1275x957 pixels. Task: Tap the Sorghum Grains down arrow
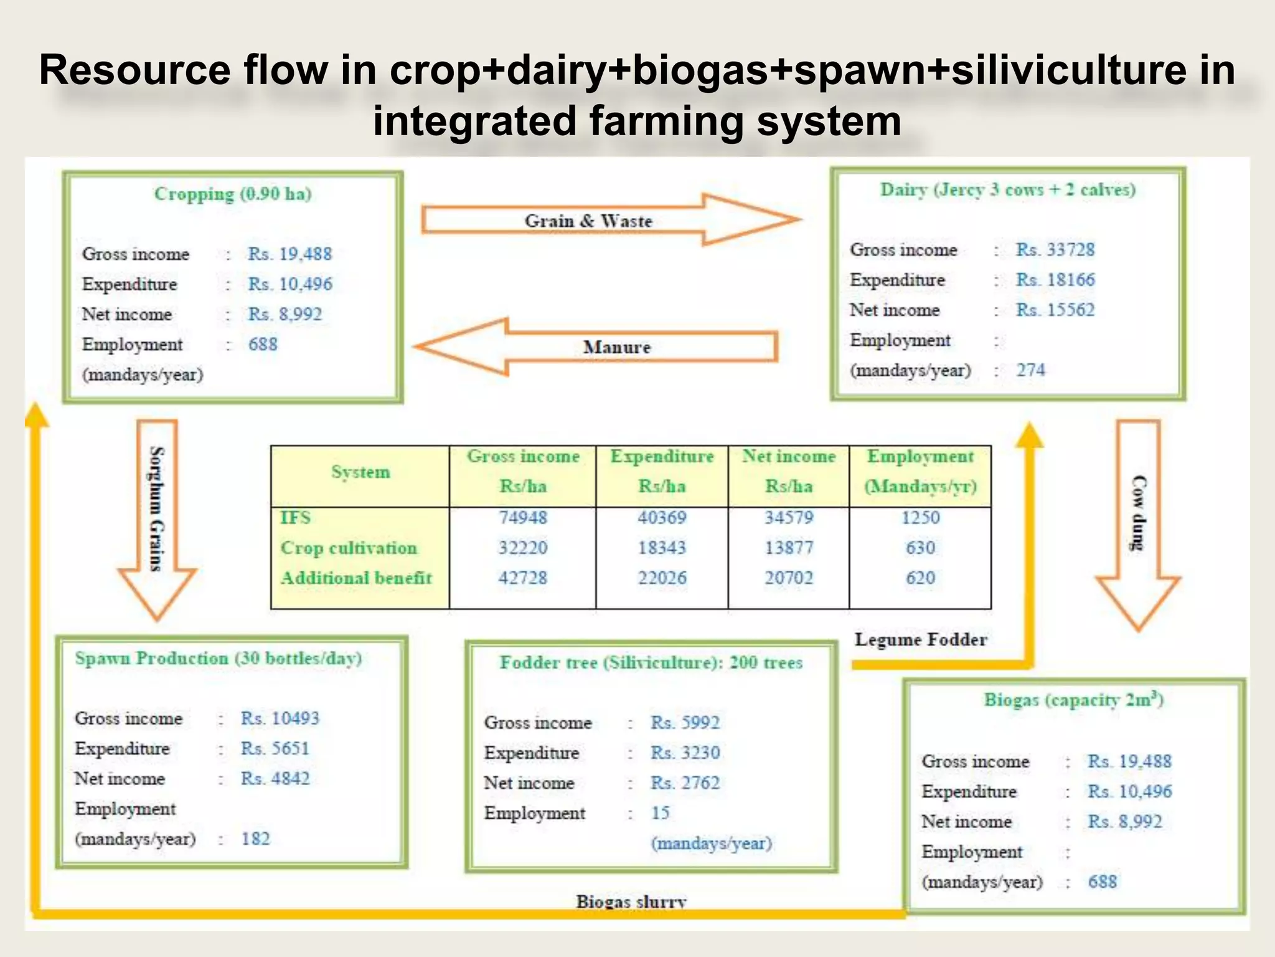[x=157, y=511]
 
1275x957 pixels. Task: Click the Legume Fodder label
[x=921, y=640]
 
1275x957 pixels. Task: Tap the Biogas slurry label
[x=631, y=901]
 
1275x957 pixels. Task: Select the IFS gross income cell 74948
[x=522, y=518]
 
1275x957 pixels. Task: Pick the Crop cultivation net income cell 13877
[x=789, y=548]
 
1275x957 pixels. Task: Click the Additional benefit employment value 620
[x=920, y=578]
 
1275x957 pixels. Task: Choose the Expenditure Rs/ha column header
[x=662, y=471]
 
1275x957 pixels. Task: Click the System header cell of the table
[x=360, y=472]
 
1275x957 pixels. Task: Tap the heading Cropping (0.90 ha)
[x=233, y=194]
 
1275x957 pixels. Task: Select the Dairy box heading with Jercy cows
[x=1007, y=189]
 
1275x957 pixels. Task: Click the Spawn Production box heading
[x=218, y=659]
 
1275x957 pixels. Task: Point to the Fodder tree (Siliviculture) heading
[x=651, y=663]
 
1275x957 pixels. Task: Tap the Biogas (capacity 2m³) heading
[x=1073, y=700]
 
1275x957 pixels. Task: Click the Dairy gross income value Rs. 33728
[x=1055, y=250]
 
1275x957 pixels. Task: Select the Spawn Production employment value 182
[x=255, y=839]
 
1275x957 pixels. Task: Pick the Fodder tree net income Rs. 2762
[x=685, y=783]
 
